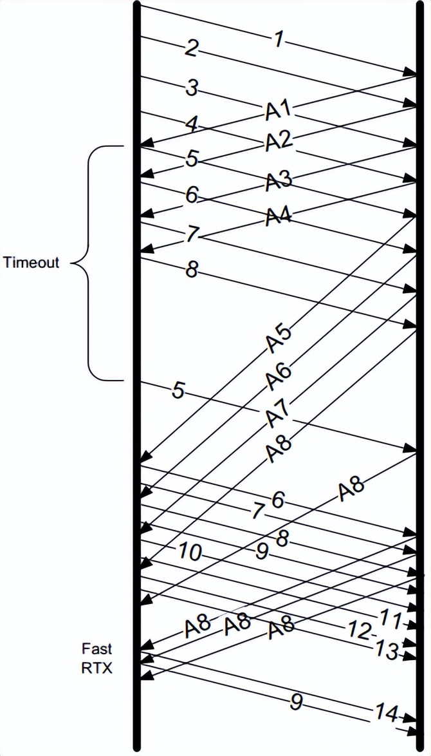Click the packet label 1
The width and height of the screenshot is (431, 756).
[278, 39]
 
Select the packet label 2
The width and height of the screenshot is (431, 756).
[190, 49]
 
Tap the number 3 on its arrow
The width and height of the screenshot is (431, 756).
[190, 88]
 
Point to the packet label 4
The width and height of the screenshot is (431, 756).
[190, 125]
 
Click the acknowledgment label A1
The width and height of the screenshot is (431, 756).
[278, 109]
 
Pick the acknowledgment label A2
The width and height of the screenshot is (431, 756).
[278, 140]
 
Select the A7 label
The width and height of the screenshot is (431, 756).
[278, 413]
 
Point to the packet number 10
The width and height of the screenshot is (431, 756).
[190, 553]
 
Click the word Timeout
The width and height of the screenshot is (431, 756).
[31, 263]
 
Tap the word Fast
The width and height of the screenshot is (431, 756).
[97, 648]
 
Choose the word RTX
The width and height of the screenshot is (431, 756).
[97, 668]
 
